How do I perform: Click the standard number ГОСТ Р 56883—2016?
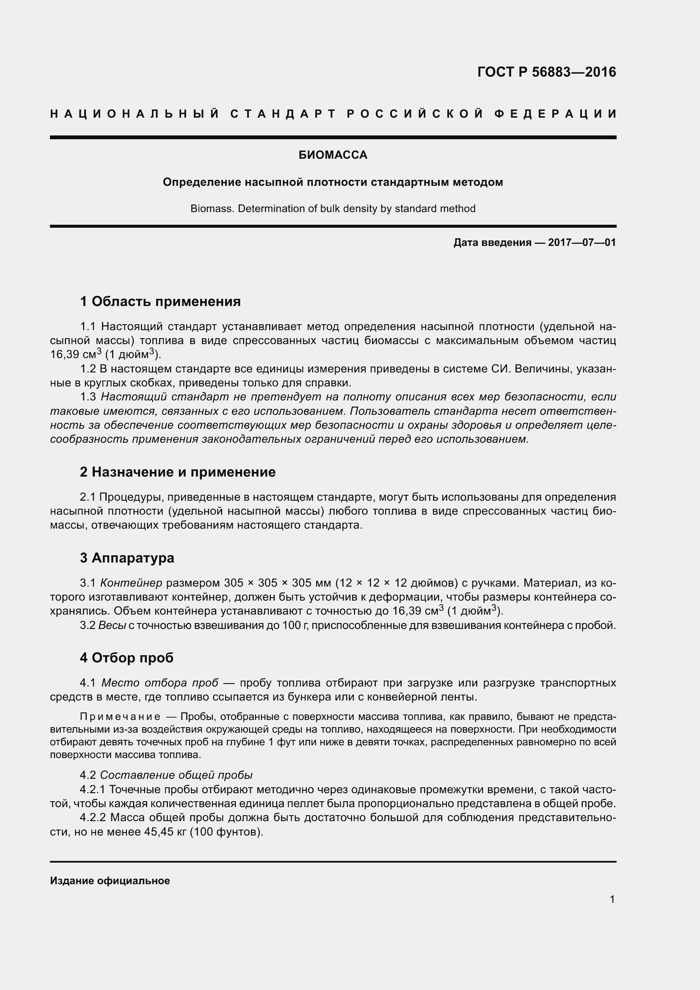coord(546,72)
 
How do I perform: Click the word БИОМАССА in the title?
coord(333,155)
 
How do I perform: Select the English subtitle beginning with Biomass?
coord(333,209)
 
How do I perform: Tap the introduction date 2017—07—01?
coord(582,243)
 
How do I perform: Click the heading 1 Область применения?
coord(160,301)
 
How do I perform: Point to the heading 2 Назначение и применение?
coord(178,472)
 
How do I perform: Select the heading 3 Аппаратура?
coord(127,558)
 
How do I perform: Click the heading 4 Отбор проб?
coord(127,658)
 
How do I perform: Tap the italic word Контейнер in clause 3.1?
coord(131,583)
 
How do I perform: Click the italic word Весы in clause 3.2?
coord(112,625)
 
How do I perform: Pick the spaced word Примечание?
coord(120,717)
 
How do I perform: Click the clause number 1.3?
coord(88,397)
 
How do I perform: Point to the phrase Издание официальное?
coord(110,881)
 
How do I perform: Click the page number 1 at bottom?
coord(612,899)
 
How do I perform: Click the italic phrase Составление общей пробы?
coord(176,775)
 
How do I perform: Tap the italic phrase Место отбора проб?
coord(160,683)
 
